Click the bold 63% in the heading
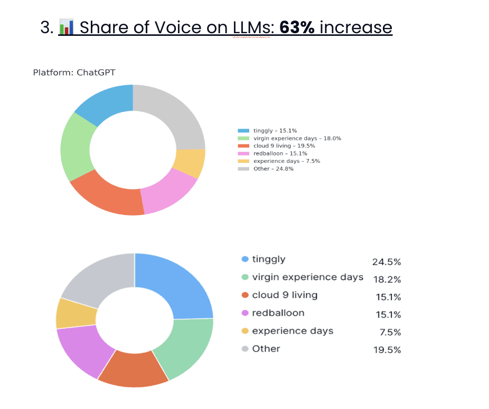[x=297, y=28]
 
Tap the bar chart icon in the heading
[x=65, y=28]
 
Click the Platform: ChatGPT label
[x=74, y=72]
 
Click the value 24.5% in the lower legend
[x=387, y=262]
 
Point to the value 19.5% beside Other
[x=387, y=350]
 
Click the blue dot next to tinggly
[x=245, y=259]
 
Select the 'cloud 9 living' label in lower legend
[x=285, y=295]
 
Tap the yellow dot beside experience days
[x=245, y=331]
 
